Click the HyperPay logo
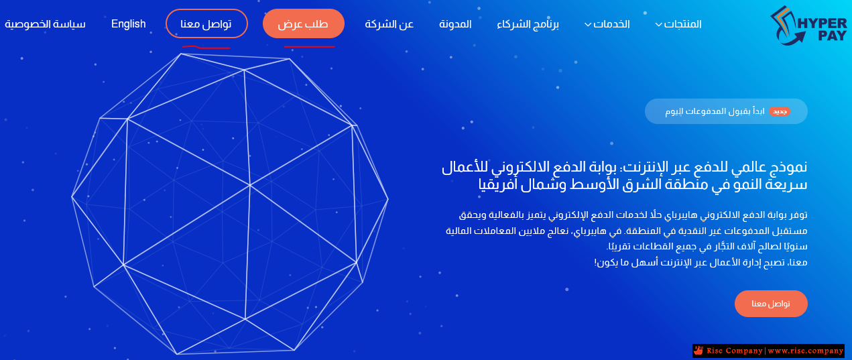click(x=808, y=26)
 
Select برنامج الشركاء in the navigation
click(x=528, y=24)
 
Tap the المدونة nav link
click(x=455, y=24)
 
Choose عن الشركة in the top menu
click(x=389, y=24)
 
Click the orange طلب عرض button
click(x=304, y=23)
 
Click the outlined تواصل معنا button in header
click(x=206, y=23)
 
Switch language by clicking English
click(x=129, y=24)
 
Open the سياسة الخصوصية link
click(x=46, y=24)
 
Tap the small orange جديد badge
click(x=780, y=111)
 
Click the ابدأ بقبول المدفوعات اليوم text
click(x=715, y=111)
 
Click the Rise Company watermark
click(x=768, y=351)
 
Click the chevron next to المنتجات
click(x=659, y=25)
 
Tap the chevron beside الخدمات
click(x=588, y=25)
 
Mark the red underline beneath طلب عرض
click(x=309, y=47)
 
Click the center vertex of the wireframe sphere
click(x=250, y=185)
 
